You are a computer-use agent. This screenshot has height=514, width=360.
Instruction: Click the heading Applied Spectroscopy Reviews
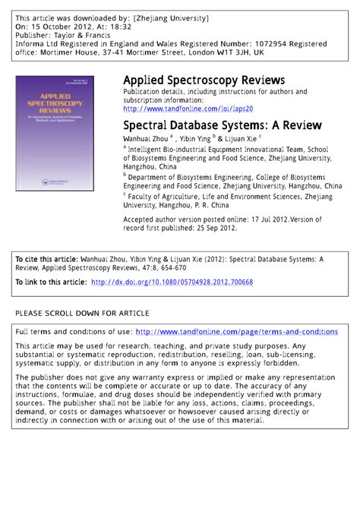click(x=204, y=80)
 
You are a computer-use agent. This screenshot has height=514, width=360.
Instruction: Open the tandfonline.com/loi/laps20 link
click(x=194, y=109)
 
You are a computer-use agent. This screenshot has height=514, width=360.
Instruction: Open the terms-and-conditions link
click(x=237, y=332)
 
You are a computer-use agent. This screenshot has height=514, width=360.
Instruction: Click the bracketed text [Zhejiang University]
click(x=172, y=17)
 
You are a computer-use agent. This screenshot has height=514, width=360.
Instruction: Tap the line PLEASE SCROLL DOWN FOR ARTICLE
click(x=83, y=314)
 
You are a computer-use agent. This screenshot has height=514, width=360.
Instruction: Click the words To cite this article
click(x=46, y=259)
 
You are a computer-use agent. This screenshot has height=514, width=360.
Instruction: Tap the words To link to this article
click(x=50, y=282)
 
